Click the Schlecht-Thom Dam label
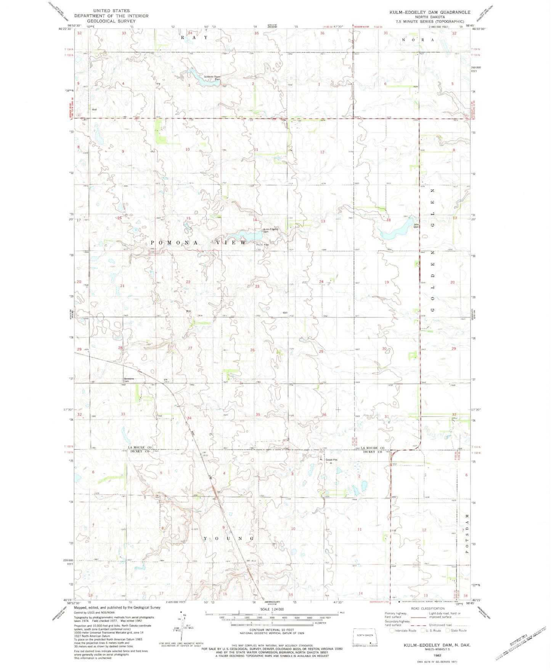pyautogui.click(x=212, y=78)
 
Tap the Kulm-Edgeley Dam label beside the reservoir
pyautogui.click(x=271, y=230)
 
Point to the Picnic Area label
pyautogui.click(x=262, y=245)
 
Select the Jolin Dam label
pyautogui.click(x=416, y=226)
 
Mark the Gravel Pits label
pyautogui.click(x=331, y=460)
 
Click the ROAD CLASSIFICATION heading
pyautogui.click(x=427, y=608)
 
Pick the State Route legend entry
pyautogui.click(x=456, y=631)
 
